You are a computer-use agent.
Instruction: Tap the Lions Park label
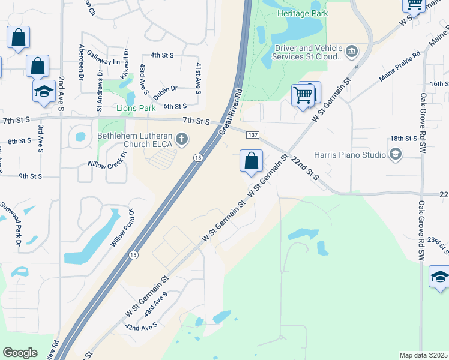click(136, 108)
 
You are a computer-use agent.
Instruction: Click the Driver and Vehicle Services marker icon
click(352, 50)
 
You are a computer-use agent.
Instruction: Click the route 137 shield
click(253, 135)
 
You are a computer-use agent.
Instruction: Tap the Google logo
click(20, 353)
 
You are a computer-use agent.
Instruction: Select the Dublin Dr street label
click(165, 89)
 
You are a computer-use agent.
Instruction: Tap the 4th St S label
click(162, 55)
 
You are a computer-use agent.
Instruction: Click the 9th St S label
click(30, 176)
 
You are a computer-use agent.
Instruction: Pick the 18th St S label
click(403, 139)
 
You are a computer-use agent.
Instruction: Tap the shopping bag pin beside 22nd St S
click(251, 161)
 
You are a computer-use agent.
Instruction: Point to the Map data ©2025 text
click(423, 355)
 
